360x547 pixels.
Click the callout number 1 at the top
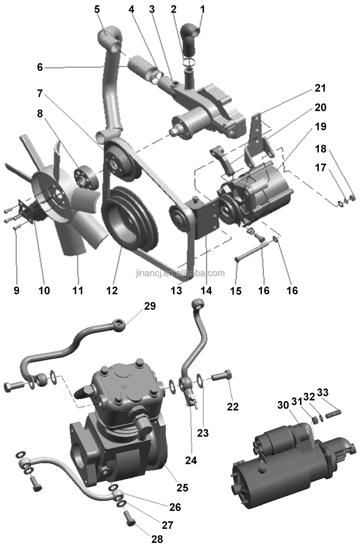point(202,9)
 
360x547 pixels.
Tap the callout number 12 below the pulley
point(112,290)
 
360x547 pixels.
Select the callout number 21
point(320,88)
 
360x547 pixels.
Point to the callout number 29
point(150,306)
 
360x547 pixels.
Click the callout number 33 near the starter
point(323,392)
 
